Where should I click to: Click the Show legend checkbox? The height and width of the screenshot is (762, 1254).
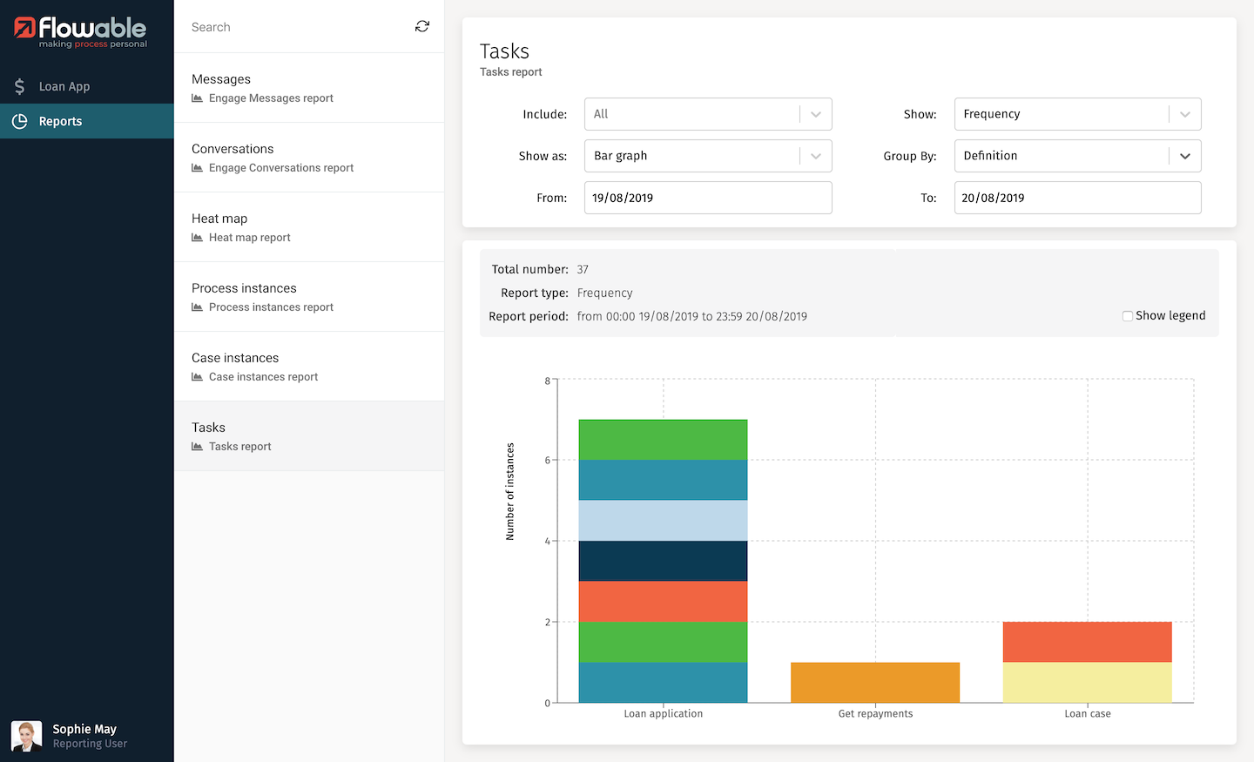[x=1128, y=316]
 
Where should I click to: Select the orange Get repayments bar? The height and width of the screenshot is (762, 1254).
[x=875, y=682]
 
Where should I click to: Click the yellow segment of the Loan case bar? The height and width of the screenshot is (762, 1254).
[x=1087, y=682]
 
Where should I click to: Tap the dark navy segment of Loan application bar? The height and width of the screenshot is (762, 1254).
[x=663, y=561]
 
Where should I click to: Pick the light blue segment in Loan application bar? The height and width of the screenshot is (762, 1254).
[x=663, y=520]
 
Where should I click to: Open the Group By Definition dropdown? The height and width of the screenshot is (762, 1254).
[x=1077, y=156]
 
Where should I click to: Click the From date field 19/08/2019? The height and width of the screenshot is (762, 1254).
[x=707, y=198]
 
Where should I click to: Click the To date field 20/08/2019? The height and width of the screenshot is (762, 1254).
[x=1077, y=198]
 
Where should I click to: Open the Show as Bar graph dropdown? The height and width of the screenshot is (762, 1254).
[x=707, y=156]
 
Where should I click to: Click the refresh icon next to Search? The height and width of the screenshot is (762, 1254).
[x=422, y=27]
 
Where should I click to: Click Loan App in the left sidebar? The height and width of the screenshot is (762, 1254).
[x=64, y=86]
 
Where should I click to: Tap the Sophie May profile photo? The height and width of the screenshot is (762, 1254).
[x=26, y=736]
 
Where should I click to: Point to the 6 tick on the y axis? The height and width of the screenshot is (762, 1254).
[x=548, y=460]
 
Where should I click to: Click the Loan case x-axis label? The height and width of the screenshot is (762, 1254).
[x=1087, y=713]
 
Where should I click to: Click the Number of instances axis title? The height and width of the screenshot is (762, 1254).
[x=510, y=491]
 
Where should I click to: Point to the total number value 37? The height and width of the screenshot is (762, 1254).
[x=583, y=270]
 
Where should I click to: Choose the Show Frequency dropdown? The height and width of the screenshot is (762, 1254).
[x=1077, y=114]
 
